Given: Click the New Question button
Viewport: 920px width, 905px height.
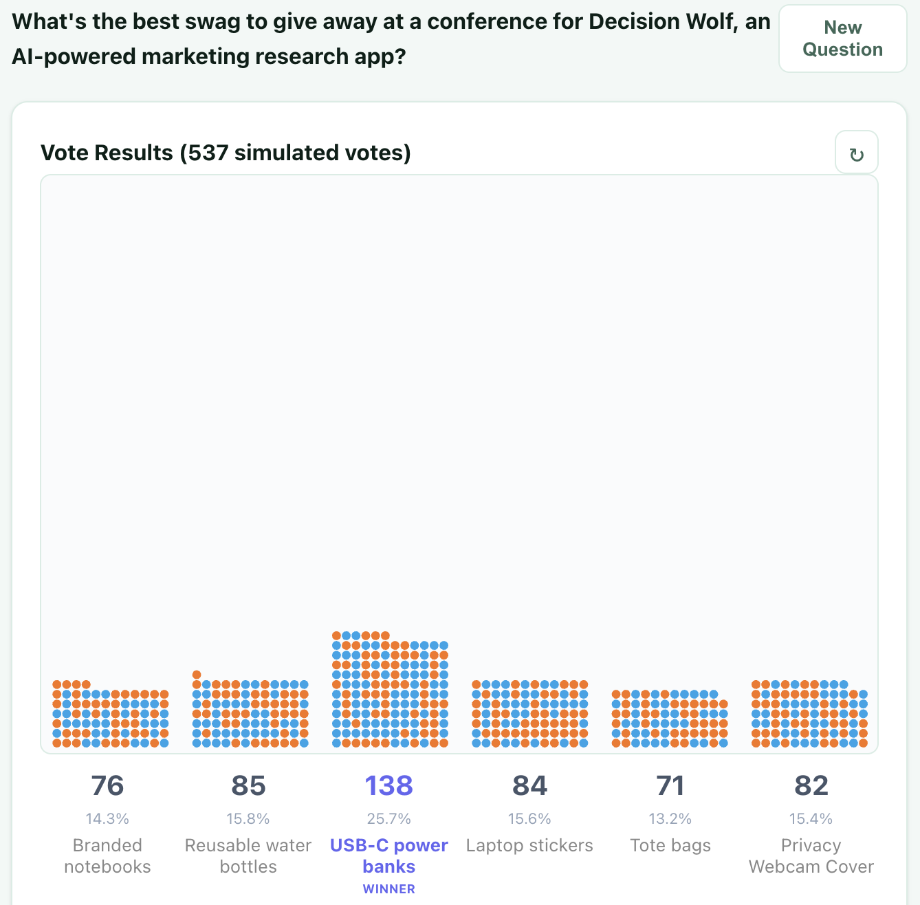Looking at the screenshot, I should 842,39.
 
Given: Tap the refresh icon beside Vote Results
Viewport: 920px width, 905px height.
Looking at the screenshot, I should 856,154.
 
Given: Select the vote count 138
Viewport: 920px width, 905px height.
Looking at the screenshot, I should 388,785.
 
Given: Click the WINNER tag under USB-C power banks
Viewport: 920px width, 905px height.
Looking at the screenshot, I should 388,888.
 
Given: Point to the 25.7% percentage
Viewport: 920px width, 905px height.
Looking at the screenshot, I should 388,818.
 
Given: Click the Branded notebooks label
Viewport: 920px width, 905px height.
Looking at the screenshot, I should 107,855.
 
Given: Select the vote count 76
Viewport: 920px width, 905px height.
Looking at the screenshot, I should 107,785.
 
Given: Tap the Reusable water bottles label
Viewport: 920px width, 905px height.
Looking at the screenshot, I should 248,855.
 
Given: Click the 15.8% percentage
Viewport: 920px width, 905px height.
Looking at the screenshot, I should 248,818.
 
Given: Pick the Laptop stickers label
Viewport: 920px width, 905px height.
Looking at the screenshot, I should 529,845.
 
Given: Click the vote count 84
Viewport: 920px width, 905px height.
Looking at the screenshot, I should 529,785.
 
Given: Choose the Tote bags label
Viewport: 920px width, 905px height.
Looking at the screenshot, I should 670,845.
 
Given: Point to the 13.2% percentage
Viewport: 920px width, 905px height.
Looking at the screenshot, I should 670,818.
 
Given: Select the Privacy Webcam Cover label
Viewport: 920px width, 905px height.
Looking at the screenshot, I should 811,855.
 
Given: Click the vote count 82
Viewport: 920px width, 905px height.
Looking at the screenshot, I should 811,785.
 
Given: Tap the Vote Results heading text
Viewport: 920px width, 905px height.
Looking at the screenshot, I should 226,153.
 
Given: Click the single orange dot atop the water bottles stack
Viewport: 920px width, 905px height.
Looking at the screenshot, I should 197,675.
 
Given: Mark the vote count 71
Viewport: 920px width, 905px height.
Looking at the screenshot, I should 670,785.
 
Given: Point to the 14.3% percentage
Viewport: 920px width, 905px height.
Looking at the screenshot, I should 107,818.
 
